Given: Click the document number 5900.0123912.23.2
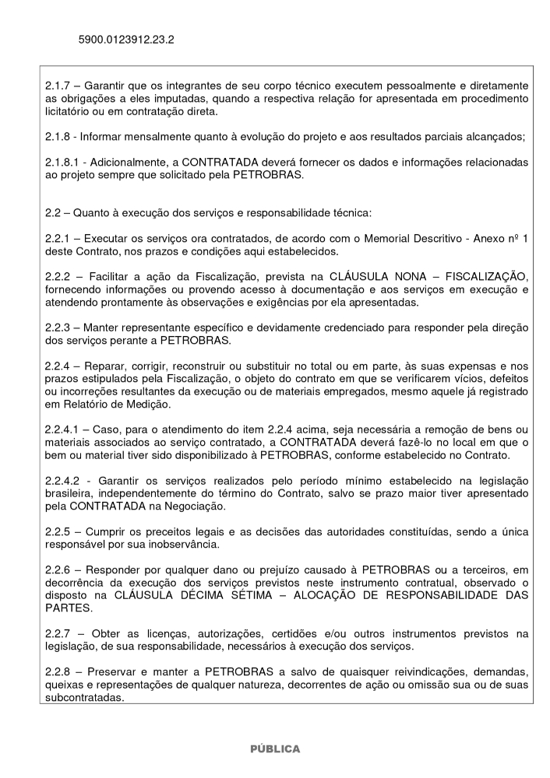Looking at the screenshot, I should click(126, 37).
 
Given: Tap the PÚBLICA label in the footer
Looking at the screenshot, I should click(274, 748).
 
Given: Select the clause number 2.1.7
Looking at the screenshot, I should click(59, 84).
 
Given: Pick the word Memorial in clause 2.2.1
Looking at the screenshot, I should click(401, 240).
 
